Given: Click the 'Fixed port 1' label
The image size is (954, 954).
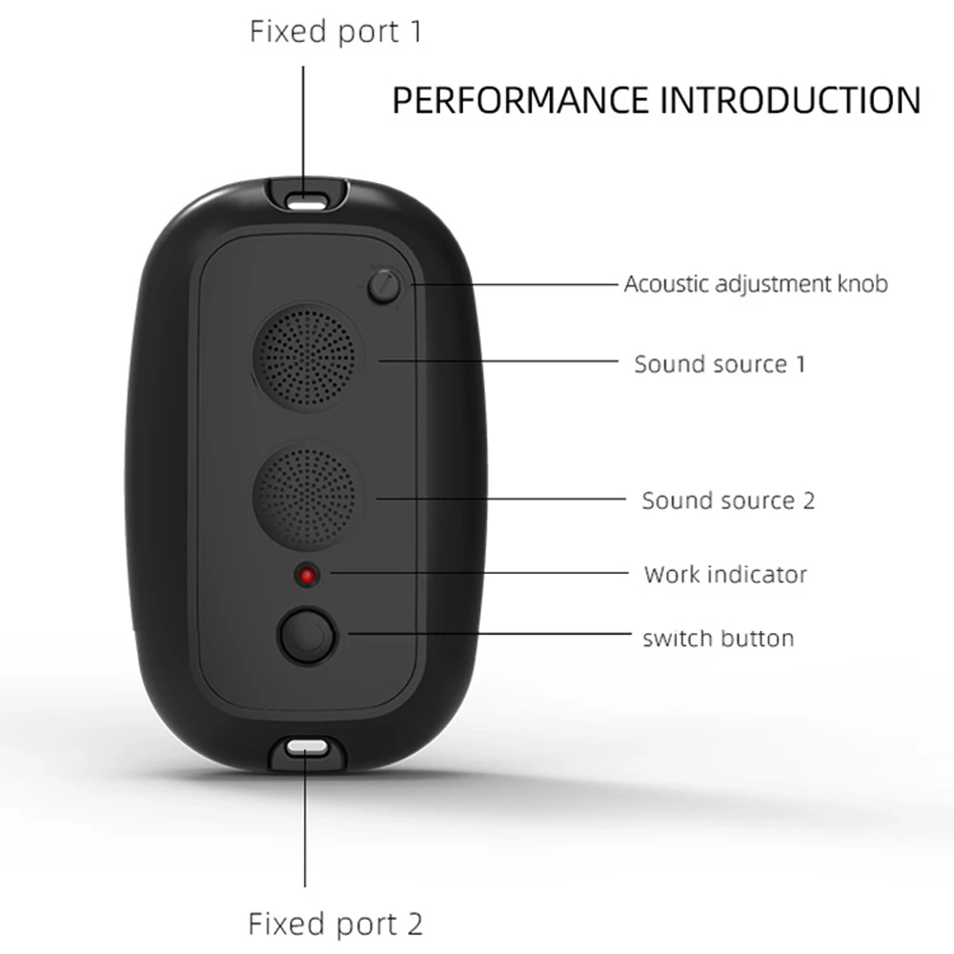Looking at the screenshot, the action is pyautogui.click(x=335, y=31).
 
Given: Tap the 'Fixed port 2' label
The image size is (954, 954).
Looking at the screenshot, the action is pyautogui.click(x=335, y=923).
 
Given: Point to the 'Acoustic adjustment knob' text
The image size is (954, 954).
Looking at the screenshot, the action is pyautogui.click(x=756, y=284).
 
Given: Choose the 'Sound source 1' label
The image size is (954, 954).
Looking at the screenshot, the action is pyautogui.click(x=720, y=363).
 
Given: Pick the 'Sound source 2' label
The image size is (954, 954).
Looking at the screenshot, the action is pyautogui.click(x=728, y=500).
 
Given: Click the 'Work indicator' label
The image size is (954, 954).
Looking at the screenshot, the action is pyautogui.click(x=725, y=575).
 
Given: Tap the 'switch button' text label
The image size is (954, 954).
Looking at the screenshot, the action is pyautogui.click(x=718, y=638).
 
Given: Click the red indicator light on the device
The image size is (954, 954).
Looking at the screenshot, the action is pyautogui.click(x=306, y=576).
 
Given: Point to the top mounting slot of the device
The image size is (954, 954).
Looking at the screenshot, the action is pyautogui.click(x=305, y=201).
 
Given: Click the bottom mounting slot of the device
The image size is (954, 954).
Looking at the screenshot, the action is pyautogui.click(x=305, y=750).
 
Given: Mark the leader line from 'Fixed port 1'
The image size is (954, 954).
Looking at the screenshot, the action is pyautogui.click(x=305, y=124).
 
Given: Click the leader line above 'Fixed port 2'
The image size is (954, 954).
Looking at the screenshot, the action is pyautogui.click(x=305, y=829).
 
